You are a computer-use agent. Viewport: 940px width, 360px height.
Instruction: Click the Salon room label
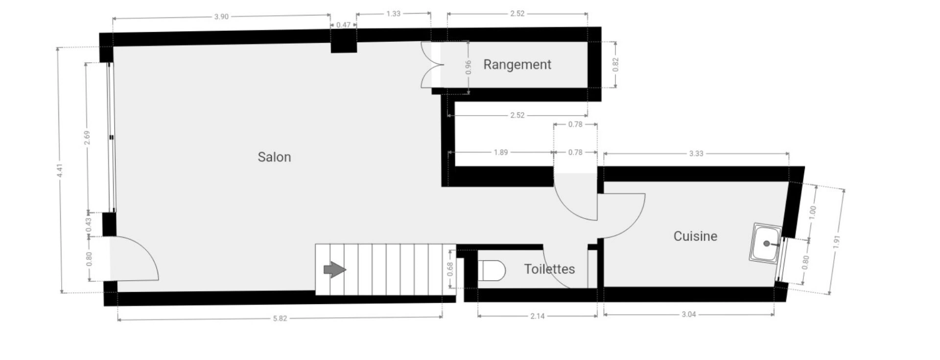point(274,157)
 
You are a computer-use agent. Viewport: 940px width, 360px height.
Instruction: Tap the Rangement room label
point(517,65)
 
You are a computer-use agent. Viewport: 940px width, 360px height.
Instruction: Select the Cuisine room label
point(695,236)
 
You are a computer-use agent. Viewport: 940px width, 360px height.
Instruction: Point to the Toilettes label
point(549,269)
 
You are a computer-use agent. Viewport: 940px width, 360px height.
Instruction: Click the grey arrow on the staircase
point(335,269)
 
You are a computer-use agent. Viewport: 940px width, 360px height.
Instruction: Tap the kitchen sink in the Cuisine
point(766,243)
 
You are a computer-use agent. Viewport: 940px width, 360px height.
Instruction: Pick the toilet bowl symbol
point(492,270)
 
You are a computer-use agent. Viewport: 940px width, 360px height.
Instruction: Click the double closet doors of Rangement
point(432,65)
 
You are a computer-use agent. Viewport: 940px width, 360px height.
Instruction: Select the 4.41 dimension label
point(59,170)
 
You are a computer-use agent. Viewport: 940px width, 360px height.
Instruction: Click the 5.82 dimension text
point(280,318)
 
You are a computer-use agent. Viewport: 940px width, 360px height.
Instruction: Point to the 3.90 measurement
point(221,17)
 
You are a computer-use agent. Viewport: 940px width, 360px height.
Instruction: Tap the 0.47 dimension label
point(344,24)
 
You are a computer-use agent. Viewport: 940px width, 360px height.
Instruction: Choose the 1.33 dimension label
point(393,14)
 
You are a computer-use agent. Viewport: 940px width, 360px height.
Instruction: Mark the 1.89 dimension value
point(501,152)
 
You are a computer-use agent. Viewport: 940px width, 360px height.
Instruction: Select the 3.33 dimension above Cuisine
point(696,153)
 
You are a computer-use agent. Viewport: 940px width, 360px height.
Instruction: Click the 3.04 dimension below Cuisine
point(689,314)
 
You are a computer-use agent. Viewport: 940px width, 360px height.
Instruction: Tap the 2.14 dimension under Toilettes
point(538,316)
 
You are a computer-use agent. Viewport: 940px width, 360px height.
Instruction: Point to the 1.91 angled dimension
point(837,242)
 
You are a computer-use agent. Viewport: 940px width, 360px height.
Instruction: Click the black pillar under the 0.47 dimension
point(344,41)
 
